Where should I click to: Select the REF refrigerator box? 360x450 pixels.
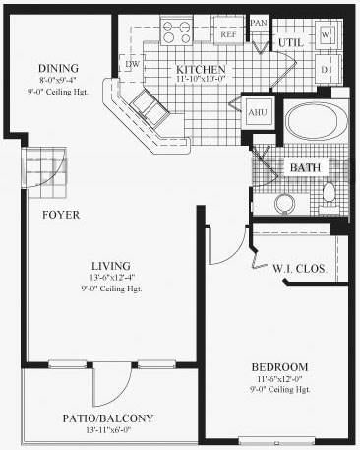coord(228,33)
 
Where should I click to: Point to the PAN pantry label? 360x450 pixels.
coord(260,22)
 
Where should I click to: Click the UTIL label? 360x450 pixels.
coord(290,43)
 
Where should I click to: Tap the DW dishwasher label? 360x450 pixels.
coord(132,65)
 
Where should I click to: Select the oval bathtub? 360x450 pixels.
coord(315,126)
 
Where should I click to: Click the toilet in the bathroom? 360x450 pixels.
coord(330,191)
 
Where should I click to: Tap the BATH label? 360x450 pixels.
coord(304,167)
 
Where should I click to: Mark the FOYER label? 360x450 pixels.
coord(60,215)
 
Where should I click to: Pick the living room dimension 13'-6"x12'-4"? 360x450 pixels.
coord(90,277)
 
